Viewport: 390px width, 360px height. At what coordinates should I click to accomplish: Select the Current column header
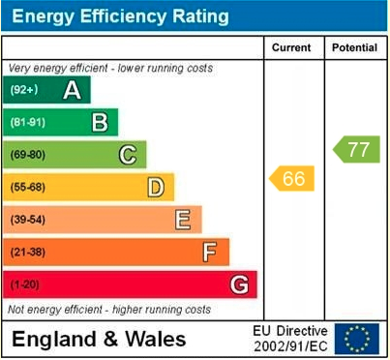tap(291, 47)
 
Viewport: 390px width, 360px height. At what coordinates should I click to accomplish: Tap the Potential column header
tap(354, 47)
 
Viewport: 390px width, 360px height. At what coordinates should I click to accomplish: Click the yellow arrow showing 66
tap(291, 179)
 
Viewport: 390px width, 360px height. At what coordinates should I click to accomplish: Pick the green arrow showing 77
tap(356, 149)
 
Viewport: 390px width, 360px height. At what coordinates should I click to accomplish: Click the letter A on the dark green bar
tap(72, 90)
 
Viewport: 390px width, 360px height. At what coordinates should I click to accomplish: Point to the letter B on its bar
tap(100, 122)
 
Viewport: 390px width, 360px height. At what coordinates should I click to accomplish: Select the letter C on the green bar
tap(128, 154)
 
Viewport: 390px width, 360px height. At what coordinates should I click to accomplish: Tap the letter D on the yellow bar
tap(155, 187)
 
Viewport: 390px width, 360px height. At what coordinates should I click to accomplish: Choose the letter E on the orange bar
tap(182, 220)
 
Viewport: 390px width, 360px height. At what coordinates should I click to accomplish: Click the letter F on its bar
tap(210, 253)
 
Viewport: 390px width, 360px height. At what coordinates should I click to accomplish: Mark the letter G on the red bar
tap(239, 285)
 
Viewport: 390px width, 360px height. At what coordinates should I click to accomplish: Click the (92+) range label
tap(24, 90)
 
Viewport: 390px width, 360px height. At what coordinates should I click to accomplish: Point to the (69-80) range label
tap(28, 155)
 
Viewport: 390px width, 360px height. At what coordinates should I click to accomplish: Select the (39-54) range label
tap(28, 220)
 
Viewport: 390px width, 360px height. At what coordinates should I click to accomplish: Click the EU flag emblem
tap(357, 339)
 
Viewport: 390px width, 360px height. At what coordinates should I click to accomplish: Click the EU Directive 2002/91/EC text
tap(290, 339)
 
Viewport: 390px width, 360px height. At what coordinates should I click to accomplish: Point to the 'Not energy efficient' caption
tap(109, 310)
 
